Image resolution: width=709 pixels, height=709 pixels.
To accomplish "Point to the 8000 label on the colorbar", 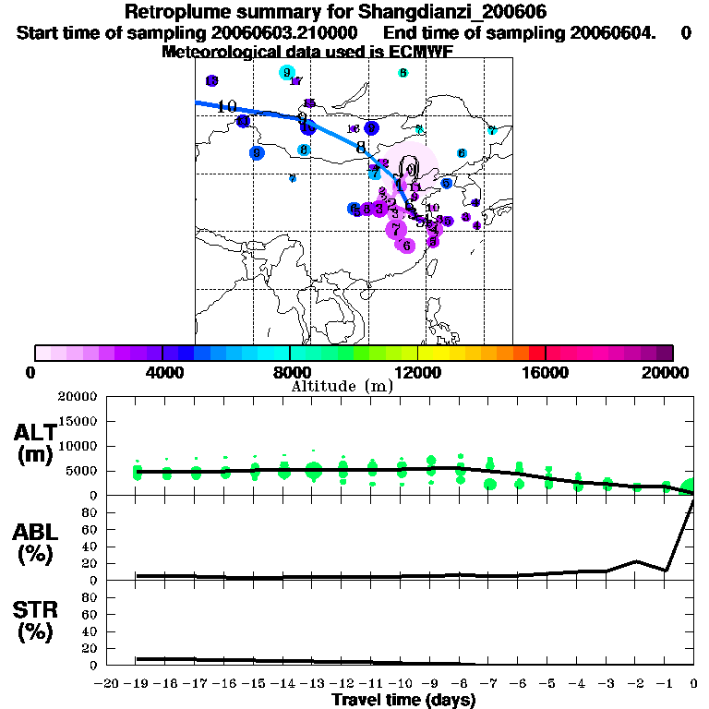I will pos(289,372).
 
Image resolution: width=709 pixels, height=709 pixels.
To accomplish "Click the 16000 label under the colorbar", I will pos(546,372).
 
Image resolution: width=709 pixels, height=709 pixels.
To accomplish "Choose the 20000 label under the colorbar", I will pos(667,372).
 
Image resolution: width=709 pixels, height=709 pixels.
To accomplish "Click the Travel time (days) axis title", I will pos(403,701).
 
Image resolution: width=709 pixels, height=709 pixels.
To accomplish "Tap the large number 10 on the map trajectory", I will pos(227,105).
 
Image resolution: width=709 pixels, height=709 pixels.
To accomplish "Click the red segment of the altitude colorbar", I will pos(536,353).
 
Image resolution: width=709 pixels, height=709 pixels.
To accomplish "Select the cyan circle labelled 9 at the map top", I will pos(286,73).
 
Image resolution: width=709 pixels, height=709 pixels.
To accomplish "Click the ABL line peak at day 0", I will pos(692,500).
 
